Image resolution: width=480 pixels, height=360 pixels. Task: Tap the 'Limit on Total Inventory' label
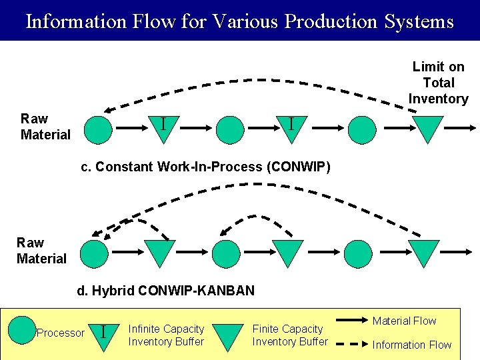(x=438, y=83)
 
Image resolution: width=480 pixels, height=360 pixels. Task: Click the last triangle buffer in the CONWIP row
(x=427, y=128)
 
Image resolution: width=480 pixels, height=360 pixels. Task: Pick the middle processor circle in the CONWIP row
(x=231, y=129)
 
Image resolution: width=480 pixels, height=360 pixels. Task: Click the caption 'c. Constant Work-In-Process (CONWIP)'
(x=205, y=167)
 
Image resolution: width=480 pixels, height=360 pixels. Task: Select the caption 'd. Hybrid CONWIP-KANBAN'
(x=166, y=291)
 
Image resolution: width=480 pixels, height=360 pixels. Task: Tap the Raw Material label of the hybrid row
(x=41, y=251)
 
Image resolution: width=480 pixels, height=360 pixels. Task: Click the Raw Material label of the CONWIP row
(x=45, y=127)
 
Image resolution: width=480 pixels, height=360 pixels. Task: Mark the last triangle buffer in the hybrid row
(x=423, y=252)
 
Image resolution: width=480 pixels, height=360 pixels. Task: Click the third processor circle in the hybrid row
(x=359, y=253)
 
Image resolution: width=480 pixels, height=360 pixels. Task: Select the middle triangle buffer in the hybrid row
(x=289, y=252)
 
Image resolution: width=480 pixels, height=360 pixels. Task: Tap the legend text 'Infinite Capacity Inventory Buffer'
(x=166, y=335)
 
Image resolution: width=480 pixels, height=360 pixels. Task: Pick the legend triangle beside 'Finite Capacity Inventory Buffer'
(x=229, y=335)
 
